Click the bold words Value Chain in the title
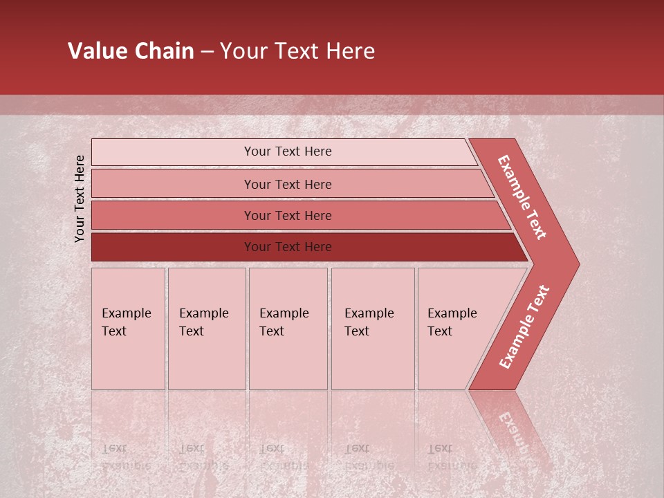[131, 51]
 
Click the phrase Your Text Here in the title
[297, 51]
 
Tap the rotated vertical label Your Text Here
[80, 199]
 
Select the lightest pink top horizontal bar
[173, 152]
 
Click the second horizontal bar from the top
[173, 184]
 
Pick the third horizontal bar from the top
[173, 215]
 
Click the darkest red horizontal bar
[173, 247]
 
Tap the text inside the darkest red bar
[288, 247]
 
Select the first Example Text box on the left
[128, 329]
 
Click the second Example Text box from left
[206, 329]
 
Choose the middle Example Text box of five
[288, 329]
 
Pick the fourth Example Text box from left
[373, 329]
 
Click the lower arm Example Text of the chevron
[524, 326]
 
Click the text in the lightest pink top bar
[288, 151]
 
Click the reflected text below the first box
[124, 456]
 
